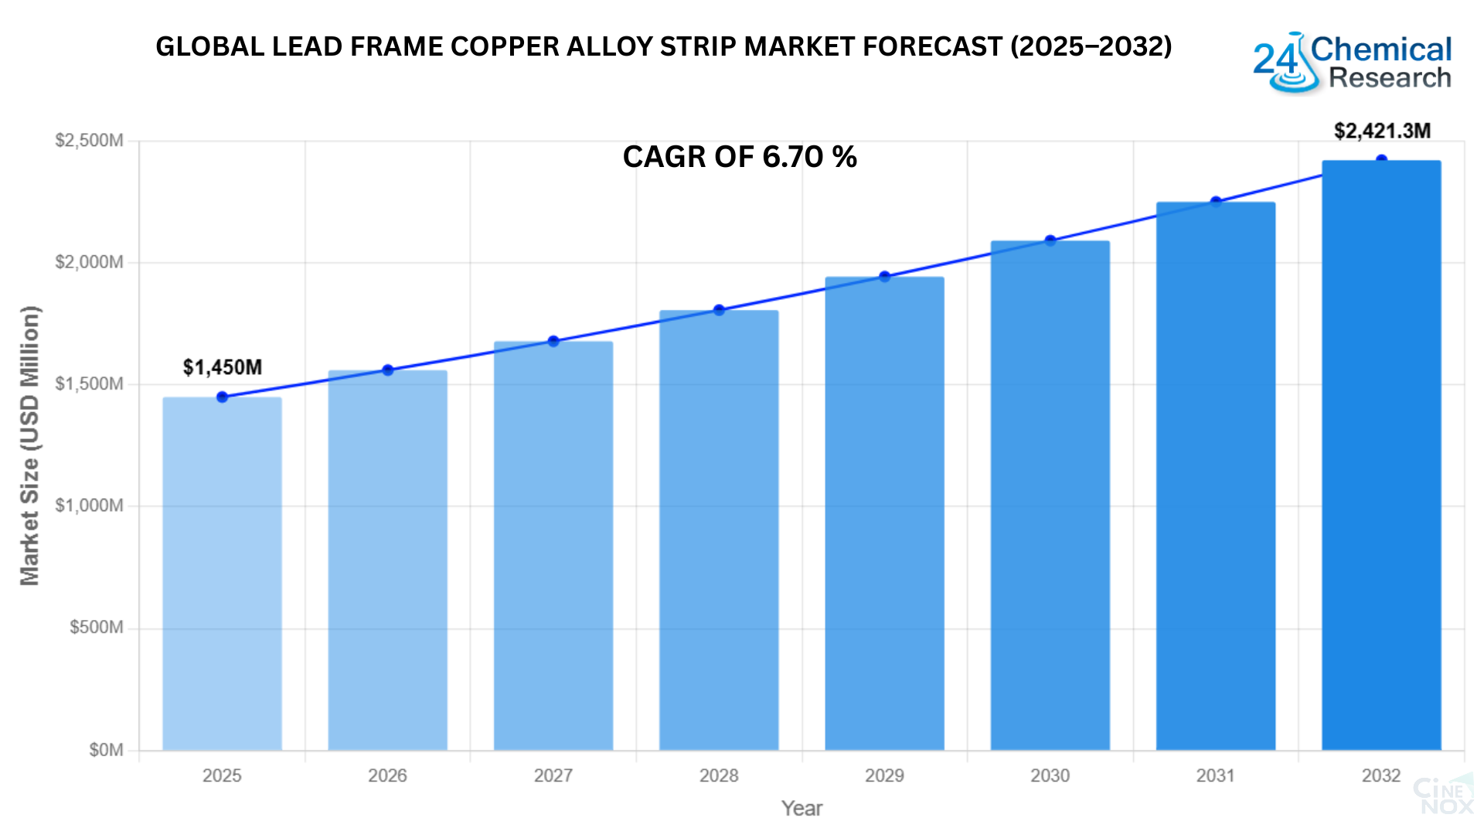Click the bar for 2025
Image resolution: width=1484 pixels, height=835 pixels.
click(x=222, y=573)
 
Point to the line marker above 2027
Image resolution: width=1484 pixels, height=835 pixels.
click(x=553, y=341)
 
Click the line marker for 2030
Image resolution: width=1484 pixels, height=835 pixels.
click(x=1050, y=240)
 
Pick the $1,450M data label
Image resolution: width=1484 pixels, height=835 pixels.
click(x=223, y=367)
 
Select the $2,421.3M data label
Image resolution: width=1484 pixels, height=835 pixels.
click(x=1382, y=131)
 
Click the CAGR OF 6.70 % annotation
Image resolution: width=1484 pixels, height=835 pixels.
click(x=740, y=157)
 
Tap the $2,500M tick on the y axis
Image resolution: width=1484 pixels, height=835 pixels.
click(x=89, y=141)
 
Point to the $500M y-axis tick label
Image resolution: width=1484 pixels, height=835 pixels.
click(x=96, y=627)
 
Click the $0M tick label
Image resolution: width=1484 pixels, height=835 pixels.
click(x=106, y=750)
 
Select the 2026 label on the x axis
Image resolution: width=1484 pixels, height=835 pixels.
click(x=387, y=775)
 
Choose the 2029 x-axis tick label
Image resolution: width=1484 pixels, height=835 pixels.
click(x=884, y=775)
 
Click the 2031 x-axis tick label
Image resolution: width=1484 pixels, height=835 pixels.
click(x=1216, y=775)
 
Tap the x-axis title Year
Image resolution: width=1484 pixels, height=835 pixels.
click(x=802, y=809)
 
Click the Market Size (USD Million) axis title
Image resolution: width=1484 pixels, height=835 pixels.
click(x=29, y=445)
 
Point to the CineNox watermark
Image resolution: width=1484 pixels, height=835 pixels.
click(x=1442, y=796)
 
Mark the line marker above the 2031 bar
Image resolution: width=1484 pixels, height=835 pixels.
click(x=1216, y=202)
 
